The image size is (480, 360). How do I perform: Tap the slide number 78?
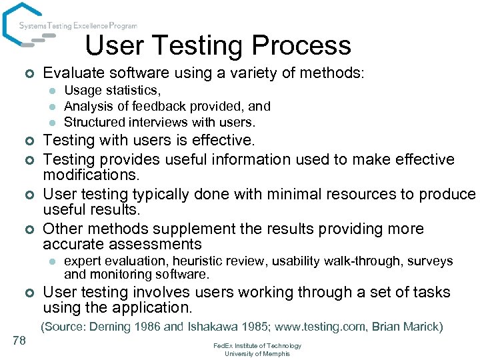click(19, 341)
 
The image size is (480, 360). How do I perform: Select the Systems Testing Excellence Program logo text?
click(78, 26)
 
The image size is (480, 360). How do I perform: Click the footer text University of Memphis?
click(257, 353)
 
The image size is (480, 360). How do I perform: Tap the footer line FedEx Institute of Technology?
click(257, 346)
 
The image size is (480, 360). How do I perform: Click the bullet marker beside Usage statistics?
click(50, 91)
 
